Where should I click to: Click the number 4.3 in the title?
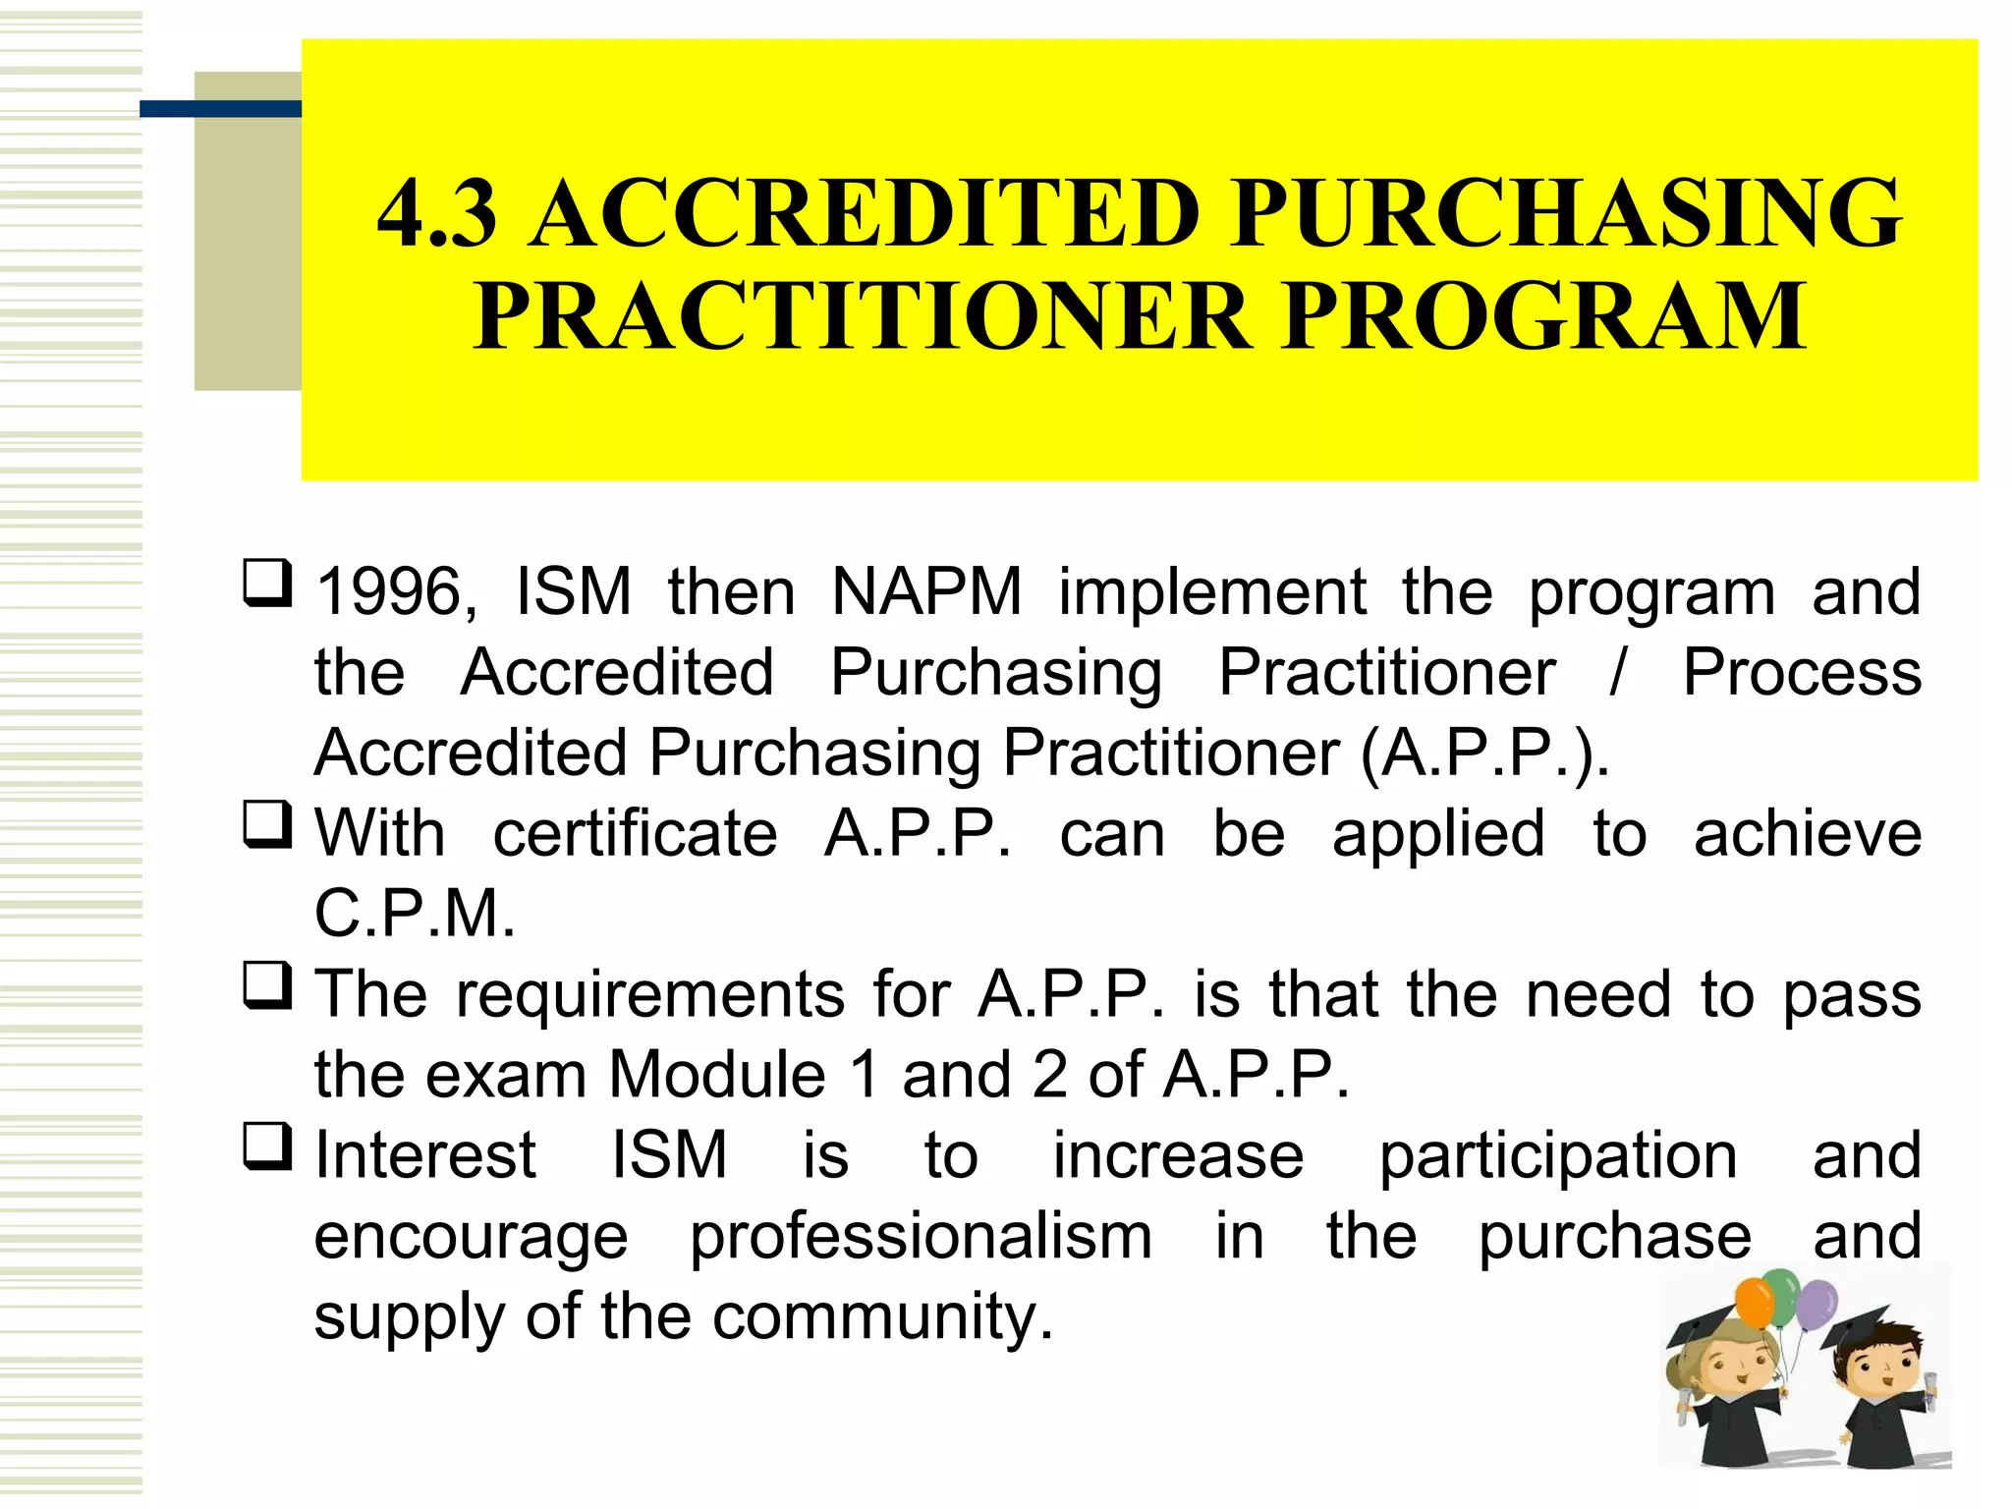(437, 213)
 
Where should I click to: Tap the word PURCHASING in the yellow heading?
(1566, 213)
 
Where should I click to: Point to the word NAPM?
(926, 592)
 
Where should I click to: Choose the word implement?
(1211, 592)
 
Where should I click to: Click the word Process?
(1802, 673)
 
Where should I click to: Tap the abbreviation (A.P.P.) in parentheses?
(1484, 754)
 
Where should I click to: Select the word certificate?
(635, 834)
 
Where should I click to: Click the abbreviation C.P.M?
(415, 914)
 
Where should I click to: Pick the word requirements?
(649, 994)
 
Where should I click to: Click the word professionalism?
(921, 1236)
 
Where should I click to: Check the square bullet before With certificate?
(267, 825)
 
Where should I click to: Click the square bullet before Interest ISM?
(267, 1146)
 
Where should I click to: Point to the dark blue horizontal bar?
(220, 109)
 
